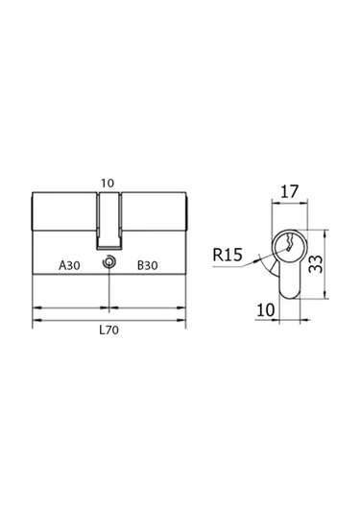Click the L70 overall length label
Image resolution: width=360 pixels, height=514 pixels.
[109, 330]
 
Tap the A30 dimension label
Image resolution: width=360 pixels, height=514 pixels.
[69, 263]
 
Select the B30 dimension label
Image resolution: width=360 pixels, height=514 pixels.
[148, 263]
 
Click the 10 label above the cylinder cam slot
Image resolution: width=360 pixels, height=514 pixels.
[108, 180]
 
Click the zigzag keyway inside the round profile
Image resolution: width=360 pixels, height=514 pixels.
[285, 246]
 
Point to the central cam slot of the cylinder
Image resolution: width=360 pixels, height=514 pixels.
[108, 215]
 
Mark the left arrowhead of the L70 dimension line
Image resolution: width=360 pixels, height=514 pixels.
[37, 316]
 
